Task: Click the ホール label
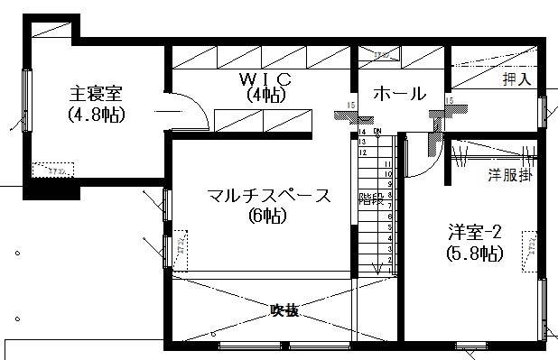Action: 398,93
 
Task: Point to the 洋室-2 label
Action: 474,231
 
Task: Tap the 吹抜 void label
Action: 284,310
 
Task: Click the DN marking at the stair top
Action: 377,131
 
